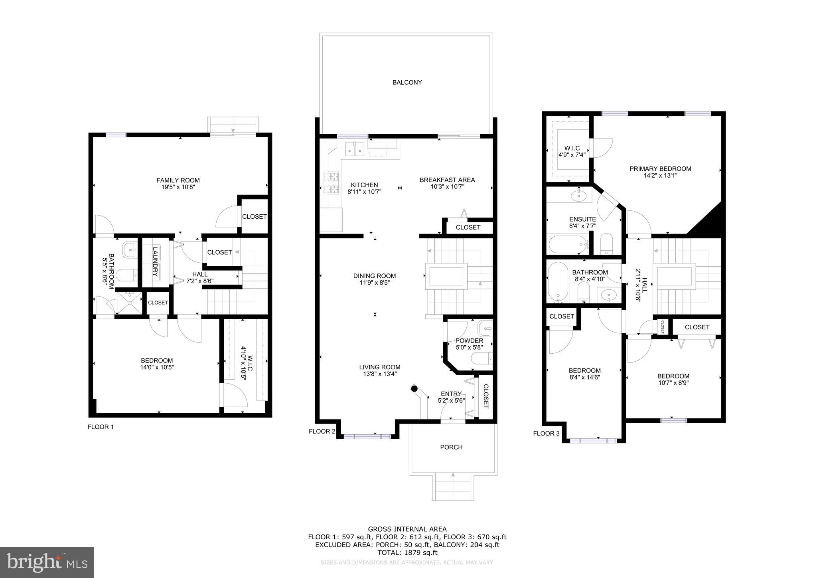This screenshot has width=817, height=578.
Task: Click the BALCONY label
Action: pyautogui.click(x=407, y=83)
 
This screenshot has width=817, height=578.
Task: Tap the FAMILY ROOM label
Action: pyautogui.click(x=178, y=180)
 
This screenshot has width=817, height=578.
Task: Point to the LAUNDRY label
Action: pyautogui.click(x=156, y=262)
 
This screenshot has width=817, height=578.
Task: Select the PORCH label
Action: pyautogui.click(x=451, y=447)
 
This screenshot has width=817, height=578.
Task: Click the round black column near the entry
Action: pyautogui.click(x=414, y=388)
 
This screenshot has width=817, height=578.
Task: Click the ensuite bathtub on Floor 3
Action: pyautogui.click(x=567, y=243)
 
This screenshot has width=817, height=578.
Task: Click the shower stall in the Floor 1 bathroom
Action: pyautogui.click(x=129, y=302)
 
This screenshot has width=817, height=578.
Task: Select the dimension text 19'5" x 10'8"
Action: pyautogui.click(x=178, y=187)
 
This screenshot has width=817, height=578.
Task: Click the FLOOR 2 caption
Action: pyautogui.click(x=322, y=431)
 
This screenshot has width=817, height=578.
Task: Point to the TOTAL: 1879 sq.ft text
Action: pyautogui.click(x=407, y=552)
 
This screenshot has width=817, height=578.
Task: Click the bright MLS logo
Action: pyautogui.click(x=47, y=562)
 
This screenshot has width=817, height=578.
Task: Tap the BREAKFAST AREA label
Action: pyautogui.click(x=447, y=180)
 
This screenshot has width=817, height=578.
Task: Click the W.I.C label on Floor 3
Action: pyautogui.click(x=572, y=148)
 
